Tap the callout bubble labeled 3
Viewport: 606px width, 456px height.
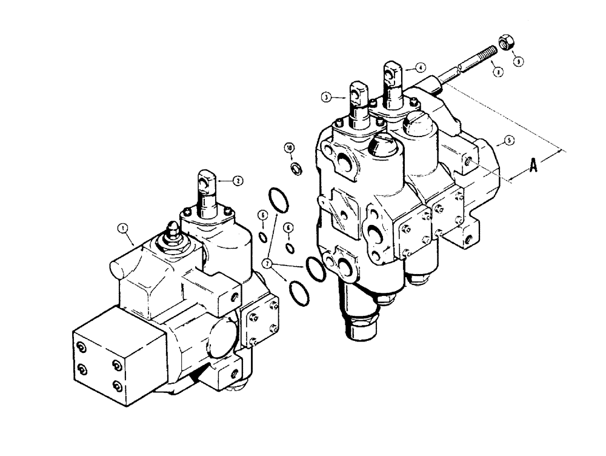pyautogui.click(x=326, y=96)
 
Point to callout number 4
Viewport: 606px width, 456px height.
pyautogui.click(x=420, y=67)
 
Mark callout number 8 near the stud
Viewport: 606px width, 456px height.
pyautogui.click(x=498, y=72)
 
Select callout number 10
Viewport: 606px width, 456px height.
pyautogui.click(x=290, y=147)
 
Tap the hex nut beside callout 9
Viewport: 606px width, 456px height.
pyautogui.click(x=504, y=42)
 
